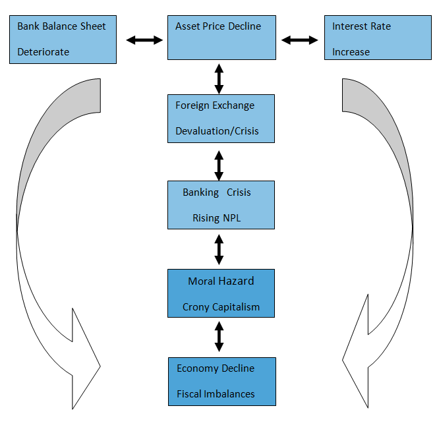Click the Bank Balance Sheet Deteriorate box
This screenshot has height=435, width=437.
(x=63, y=39)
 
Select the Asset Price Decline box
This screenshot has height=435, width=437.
(x=221, y=37)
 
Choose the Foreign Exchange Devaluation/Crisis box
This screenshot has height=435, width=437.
(x=221, y=118)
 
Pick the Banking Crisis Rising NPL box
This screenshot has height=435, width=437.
(x=221, y=204)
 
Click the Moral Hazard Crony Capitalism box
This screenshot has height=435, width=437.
(x=221, y=293)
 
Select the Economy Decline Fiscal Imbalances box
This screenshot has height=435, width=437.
(x=221, y=381)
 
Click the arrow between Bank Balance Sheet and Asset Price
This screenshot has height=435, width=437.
(x=144, y=40)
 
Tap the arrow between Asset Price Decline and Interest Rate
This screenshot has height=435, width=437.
(x=300, y=40)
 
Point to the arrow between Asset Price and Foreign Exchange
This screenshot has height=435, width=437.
(x=219, y=77)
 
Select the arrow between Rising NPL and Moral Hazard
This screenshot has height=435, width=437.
(x=219, y=249)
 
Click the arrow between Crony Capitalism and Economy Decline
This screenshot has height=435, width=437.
(x=219, y=337)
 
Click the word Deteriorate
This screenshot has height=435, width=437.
(x=43, y=51)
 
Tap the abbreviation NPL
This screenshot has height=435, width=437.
(x=231, y=217)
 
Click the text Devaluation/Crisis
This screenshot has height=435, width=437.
(x=217, y=131)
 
